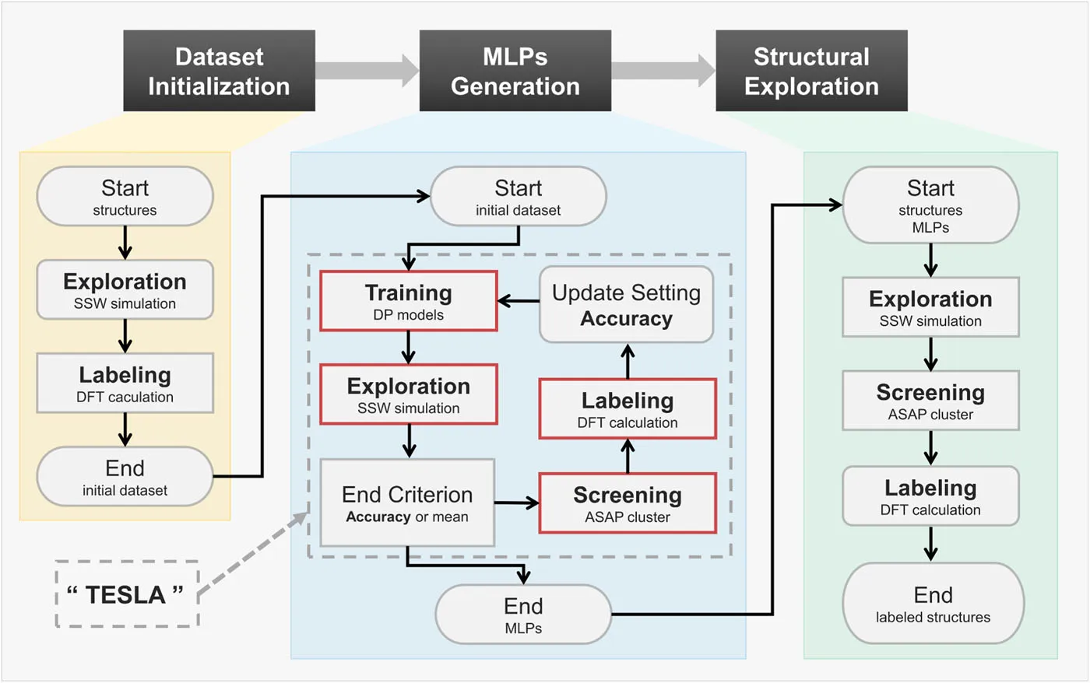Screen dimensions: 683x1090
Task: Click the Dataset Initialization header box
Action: (219, 71)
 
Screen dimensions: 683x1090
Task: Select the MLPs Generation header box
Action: (515, 71)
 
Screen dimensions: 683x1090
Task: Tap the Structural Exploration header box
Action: (811, 71)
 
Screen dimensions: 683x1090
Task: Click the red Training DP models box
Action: (409, 301)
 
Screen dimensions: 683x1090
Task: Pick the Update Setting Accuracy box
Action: (626, 304)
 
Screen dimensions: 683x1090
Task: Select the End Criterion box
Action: (407, 503)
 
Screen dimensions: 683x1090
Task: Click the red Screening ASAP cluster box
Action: (628, 503)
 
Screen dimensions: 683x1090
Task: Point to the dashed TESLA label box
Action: (127, 594)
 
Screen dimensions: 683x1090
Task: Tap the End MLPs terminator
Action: (523, 615)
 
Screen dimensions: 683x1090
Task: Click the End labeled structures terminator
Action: (933, 604)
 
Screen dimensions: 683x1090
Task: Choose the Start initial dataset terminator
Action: (519, 197)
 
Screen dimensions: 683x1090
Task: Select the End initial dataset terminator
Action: (125, 476)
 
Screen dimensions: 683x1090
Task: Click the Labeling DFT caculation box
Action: (125, 384)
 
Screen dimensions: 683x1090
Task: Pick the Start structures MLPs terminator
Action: (930, 205)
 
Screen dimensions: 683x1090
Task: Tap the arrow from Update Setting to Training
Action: (519, 301)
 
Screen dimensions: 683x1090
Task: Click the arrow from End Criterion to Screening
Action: (517, 503)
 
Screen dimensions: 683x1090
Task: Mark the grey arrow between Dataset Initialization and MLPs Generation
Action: (367, 70)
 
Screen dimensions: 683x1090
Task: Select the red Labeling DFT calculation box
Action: (628, 409)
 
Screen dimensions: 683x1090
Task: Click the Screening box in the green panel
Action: (930, 401)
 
